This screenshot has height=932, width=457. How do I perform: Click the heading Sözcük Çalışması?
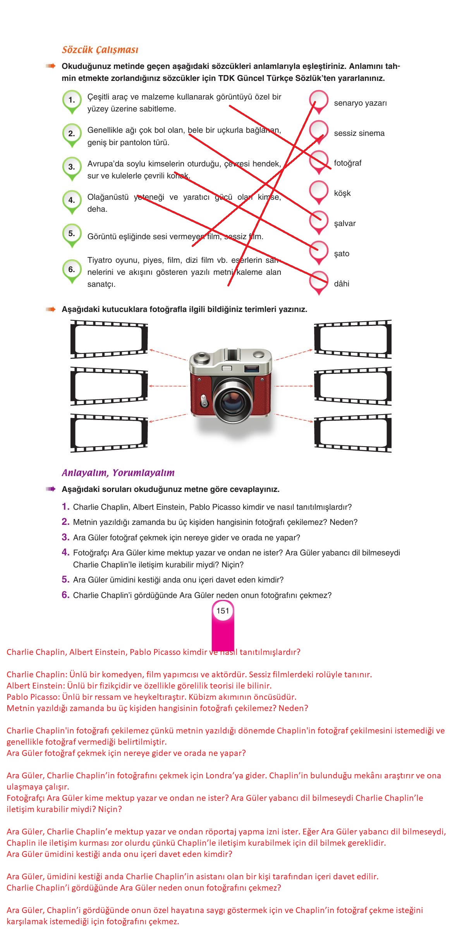(x=100, y=50)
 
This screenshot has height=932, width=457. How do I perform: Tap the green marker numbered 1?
(x=72, y=102)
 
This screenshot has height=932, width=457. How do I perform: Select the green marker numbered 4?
(x=72, y=202)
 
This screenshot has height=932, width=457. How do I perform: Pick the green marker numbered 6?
(x=72, y=271)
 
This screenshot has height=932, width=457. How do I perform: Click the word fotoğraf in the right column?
(x=347, y=163)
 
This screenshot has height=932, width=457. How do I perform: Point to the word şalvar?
(x=345, y=223)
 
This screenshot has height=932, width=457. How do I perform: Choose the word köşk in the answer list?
(x=342, y=193)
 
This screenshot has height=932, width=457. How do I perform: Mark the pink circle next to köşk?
(x=319, y=192)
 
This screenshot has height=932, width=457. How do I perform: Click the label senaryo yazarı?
(x=360, y=103)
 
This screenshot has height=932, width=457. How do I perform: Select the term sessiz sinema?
(x=359, y=133)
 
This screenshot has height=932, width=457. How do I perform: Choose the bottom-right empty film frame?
(x=353, y=433)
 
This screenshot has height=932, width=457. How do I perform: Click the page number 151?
(x=223, y=611)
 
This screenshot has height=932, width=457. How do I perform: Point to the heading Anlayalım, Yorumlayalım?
(x=118, y=473)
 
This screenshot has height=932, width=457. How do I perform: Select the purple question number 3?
(x=65, y=537)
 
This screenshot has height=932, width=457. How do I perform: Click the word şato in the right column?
(x=342, y=254)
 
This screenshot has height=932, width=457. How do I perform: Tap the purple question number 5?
(x=65, y=579)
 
